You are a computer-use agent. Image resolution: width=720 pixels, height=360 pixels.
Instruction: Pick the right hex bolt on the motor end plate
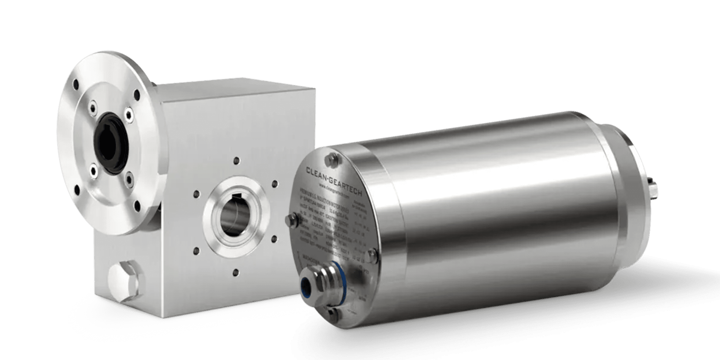pyautogui.click(x=372, y=255)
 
